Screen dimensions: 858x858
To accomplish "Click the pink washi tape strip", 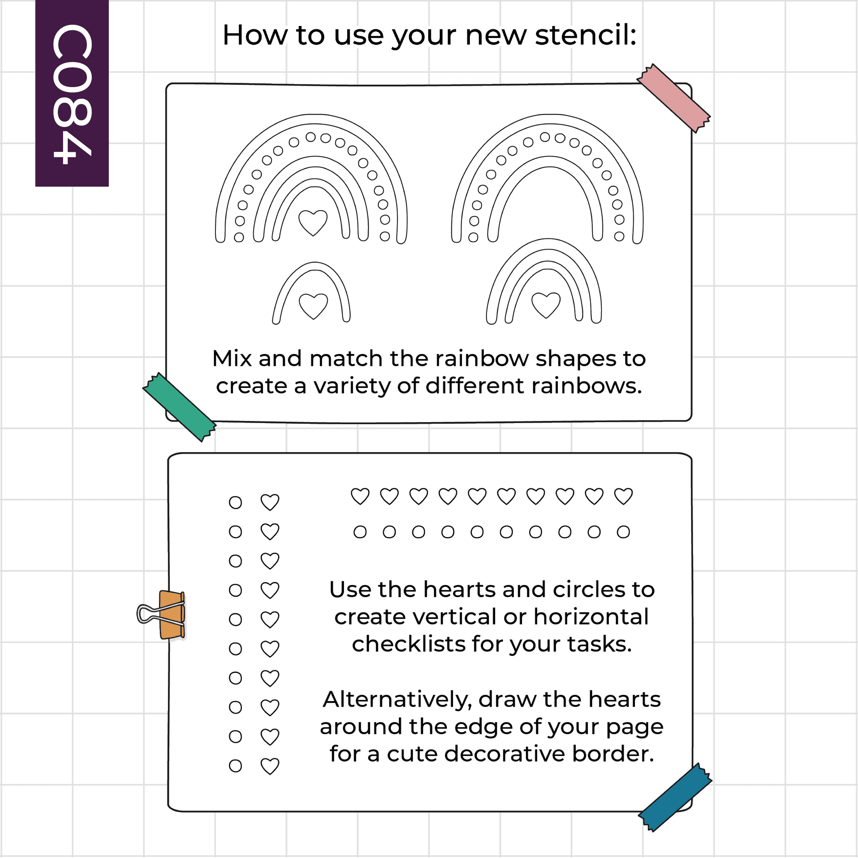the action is [x=674, y=98].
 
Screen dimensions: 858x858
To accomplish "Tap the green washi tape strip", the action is [x=179, y=407].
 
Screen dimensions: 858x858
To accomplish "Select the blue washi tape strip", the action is [x=675, y=798].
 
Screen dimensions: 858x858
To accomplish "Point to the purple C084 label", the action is [x=72, y=93].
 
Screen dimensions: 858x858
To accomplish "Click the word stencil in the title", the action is [x=586, y=35].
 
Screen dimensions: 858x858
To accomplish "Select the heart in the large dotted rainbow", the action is [x=313, y=223].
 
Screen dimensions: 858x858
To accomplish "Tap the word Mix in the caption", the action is [x=232, y=358].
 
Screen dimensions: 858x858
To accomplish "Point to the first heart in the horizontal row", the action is [x=360, y=496].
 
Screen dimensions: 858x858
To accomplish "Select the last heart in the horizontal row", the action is [x=623, y=496].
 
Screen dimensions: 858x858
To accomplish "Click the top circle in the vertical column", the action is [x=236, y=503].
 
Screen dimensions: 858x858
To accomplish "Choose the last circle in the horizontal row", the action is [x=623, y=532].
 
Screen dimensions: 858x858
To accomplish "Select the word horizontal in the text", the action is [x=591, y=617].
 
